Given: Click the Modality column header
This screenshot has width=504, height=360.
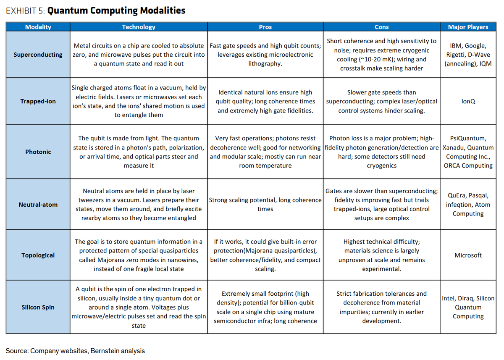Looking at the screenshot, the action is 38,27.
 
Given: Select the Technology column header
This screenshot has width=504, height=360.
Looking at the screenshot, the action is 139,27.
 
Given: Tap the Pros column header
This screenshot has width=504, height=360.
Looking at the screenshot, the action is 265,27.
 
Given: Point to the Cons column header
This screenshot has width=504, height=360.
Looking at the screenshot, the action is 382,27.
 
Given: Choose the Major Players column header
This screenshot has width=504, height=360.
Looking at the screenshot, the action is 468,27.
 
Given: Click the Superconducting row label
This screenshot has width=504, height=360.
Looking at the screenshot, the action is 38,55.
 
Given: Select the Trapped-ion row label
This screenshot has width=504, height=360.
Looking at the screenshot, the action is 38,101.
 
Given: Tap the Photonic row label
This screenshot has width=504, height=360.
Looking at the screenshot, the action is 38,152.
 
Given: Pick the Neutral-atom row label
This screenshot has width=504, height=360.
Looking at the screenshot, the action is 38,205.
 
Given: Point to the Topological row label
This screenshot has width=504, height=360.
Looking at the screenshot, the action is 38,255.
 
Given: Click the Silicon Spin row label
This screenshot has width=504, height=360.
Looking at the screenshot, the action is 38,307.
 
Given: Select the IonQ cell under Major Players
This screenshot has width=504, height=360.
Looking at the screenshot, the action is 468,101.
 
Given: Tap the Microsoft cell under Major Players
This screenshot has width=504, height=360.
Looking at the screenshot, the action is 468,255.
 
